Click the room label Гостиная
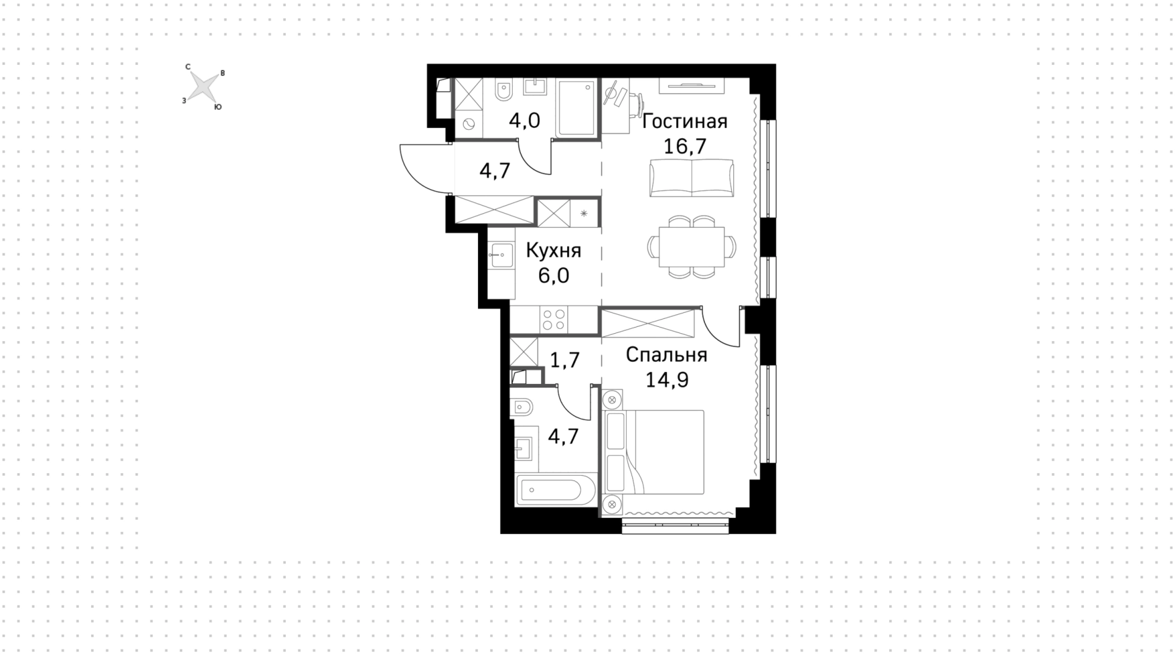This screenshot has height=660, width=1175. (685, 121)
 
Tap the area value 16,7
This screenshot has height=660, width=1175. (685, 147)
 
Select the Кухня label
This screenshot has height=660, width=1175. (553, 251)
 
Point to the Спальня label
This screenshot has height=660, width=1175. (666, 355)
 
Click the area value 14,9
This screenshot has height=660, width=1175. (666, 380)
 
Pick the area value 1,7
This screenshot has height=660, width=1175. (564, 360)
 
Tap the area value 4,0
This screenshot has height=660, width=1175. (524, 120)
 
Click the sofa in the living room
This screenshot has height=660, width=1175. (692, 178)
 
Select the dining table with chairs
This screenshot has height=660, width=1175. (692, 247)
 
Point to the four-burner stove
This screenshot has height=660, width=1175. (554, 320)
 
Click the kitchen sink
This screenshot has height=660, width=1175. (502, 255)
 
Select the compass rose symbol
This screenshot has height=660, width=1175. (203, 86)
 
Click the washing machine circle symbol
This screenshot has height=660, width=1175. (469, 123)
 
